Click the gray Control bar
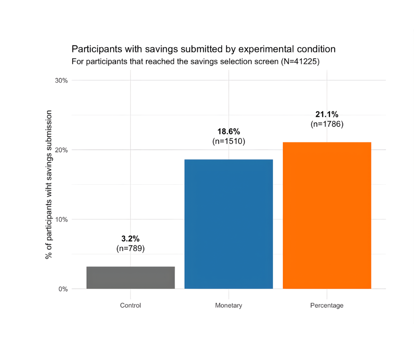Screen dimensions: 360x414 (131, 277)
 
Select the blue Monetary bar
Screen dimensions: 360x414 (229, 224)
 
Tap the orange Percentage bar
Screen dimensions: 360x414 (327, 215)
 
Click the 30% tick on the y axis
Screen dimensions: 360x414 (61, 81)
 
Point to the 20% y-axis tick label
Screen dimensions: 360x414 (61, 150)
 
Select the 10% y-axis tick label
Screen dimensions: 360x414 (61, 219)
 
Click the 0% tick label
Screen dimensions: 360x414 (63, 289)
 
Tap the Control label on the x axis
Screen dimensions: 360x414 (131, 305)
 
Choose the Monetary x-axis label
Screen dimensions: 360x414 (229, 305)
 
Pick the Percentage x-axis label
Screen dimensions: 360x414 (327, 305)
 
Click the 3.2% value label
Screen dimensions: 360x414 (131, 239)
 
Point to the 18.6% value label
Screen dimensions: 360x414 (229, 132)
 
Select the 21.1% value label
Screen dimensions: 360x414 (327, 114)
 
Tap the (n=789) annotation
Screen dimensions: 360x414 (131, 248)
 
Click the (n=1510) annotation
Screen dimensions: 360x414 (229, 141)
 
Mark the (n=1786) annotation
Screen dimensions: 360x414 (327, 124)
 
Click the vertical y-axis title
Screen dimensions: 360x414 (49, 184)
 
